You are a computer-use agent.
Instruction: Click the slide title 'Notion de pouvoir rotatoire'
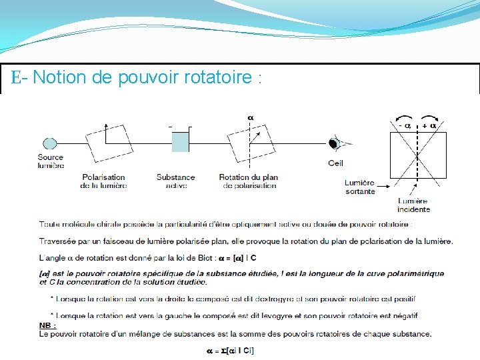(137, 78)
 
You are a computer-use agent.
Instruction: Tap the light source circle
(49, 143)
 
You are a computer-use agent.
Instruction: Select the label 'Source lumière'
(51, 161)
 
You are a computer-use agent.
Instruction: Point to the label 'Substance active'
(175, 181)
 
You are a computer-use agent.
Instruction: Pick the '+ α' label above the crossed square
(429, 125)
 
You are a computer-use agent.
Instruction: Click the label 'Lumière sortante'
(360, 187)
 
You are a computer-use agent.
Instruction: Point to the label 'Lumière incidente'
(413, 205)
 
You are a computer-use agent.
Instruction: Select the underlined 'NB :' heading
(47, 325)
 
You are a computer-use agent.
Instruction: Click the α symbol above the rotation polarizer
(251, 118)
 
